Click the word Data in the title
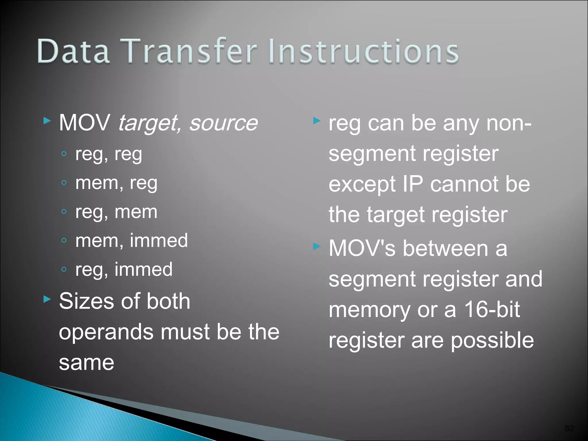tap(73, 52)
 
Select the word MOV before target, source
tap(85, 123)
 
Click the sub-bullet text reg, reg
tap(109, 154)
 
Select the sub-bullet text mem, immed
tap(131, 241)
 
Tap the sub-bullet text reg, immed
tap(124, 269)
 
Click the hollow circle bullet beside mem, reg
tap(64, 183)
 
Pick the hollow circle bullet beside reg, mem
tap(64, 212)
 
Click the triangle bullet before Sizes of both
tap(47, 299)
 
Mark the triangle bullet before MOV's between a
tap(317, 246)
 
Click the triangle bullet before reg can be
tap(317, 121)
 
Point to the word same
tap(86, 363)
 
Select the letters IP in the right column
tap(413, 184)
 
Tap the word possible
tap(492, 341)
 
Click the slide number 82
tap(569, 428)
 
